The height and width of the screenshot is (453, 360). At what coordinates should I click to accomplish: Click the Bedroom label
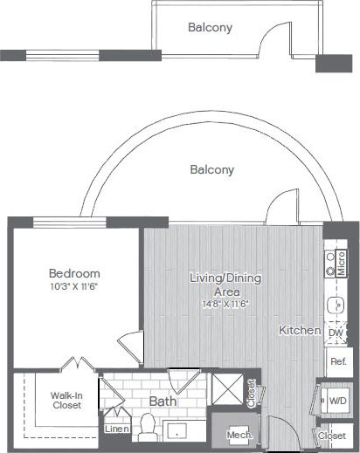(74, 272)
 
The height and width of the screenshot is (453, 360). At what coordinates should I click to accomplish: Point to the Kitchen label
(298, 331)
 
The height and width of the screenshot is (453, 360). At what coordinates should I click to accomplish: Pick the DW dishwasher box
(336, 333)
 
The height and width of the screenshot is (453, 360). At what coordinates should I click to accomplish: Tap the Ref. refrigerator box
(336, 360)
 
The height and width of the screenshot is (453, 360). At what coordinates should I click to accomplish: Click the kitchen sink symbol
(334, 305)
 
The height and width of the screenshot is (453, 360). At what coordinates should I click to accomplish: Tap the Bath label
(161, 402)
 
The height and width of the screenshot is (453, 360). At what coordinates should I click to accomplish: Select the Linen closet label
(116, 429)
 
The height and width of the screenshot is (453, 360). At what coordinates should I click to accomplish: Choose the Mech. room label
(239, 434)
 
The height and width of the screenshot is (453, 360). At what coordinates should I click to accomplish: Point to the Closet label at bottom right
(332, 435)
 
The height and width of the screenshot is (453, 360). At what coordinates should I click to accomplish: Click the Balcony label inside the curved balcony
(211, 170)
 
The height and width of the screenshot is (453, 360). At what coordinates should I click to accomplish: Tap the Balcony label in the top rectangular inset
(210, 27)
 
